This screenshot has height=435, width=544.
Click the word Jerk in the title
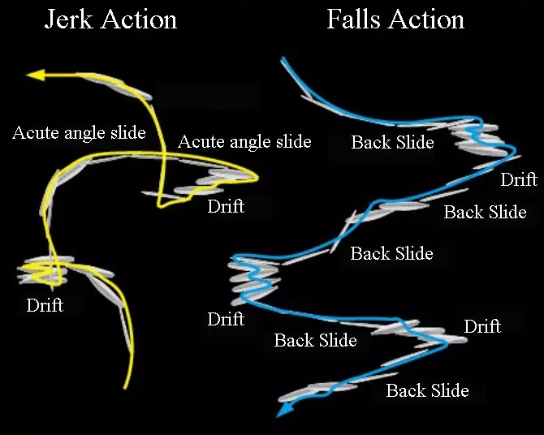tap(67, 19)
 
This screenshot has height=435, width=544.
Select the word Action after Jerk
tap(136, 19)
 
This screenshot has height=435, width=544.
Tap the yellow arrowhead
tap(35, 75)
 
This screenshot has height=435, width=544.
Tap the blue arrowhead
tap(283, 411)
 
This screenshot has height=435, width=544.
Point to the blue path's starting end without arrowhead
tap(283, 59)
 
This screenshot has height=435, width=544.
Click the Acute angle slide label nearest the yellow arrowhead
tap(79, 132)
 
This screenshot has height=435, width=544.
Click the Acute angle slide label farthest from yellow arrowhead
tap(244, 142)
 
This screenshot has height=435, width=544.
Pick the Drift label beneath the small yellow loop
tap(45, 306)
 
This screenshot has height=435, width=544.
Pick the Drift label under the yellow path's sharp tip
tap(226, 206)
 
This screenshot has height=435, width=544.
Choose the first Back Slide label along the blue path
tap(392, 143)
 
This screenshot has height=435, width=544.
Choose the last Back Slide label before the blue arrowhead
tap(427, 390)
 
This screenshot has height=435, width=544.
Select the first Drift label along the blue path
tap(519, 179)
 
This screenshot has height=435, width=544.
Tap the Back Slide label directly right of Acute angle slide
tap(392, 143)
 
